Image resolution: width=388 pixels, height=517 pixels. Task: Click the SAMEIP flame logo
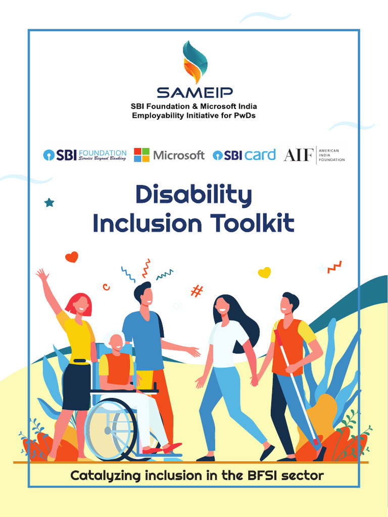194,62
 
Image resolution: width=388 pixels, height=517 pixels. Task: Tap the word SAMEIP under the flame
194,93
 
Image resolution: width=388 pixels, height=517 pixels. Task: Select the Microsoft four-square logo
141,155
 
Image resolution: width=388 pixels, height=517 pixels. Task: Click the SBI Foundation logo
85,155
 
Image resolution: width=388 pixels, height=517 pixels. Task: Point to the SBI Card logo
244,155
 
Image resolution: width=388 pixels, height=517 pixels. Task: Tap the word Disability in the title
193,196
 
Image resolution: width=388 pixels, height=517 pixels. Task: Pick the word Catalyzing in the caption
105,476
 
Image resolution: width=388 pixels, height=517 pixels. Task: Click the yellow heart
264,273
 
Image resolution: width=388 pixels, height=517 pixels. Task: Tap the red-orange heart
72,257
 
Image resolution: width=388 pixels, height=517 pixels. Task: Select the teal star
49,202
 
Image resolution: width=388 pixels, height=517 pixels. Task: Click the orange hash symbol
197,291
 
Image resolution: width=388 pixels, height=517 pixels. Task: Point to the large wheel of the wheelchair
110,430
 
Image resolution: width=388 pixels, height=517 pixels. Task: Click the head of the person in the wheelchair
116,341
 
